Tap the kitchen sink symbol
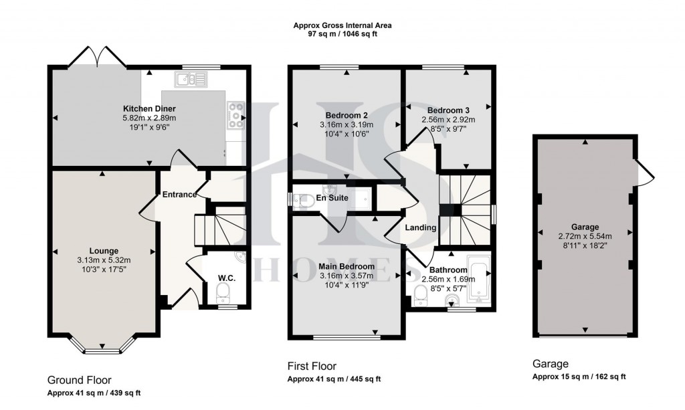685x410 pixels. tap(191, 81)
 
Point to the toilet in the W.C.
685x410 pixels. tap(224, 290)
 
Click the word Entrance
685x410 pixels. tap(179, 195)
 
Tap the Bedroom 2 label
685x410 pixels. tap(346, 115)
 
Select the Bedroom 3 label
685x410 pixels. tap(448, 110)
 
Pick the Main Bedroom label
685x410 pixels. tap(346, 266)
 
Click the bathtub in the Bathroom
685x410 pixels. tap(480, 280)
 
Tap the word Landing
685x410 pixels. tap(421, 227)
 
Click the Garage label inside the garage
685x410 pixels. tap(585, 227)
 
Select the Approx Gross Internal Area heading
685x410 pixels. tap(342, 25)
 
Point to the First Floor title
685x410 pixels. tap(311, 366)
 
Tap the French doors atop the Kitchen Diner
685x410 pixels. tap(98, 56)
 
